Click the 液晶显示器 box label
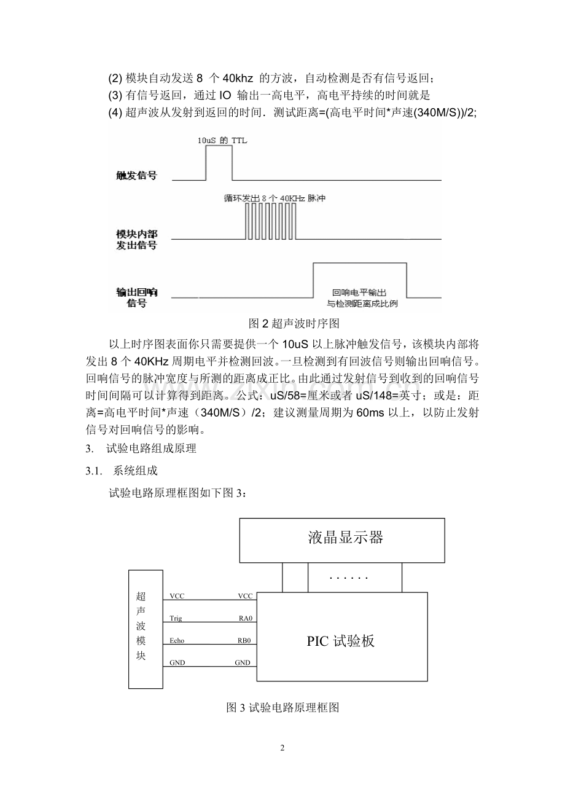pos(345,538)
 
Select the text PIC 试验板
pos(341,641)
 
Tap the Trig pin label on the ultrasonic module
pos(176,618)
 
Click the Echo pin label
pos(177,640)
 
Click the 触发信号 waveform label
pos(136,176)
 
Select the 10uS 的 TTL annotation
pos(222,140)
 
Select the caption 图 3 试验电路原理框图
pos(283,708)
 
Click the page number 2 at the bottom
pos(282,748)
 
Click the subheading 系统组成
pos(135,471)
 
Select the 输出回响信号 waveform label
pos(136,297)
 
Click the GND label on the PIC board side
pos(243,662)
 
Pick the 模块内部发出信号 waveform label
pos(136,240)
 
